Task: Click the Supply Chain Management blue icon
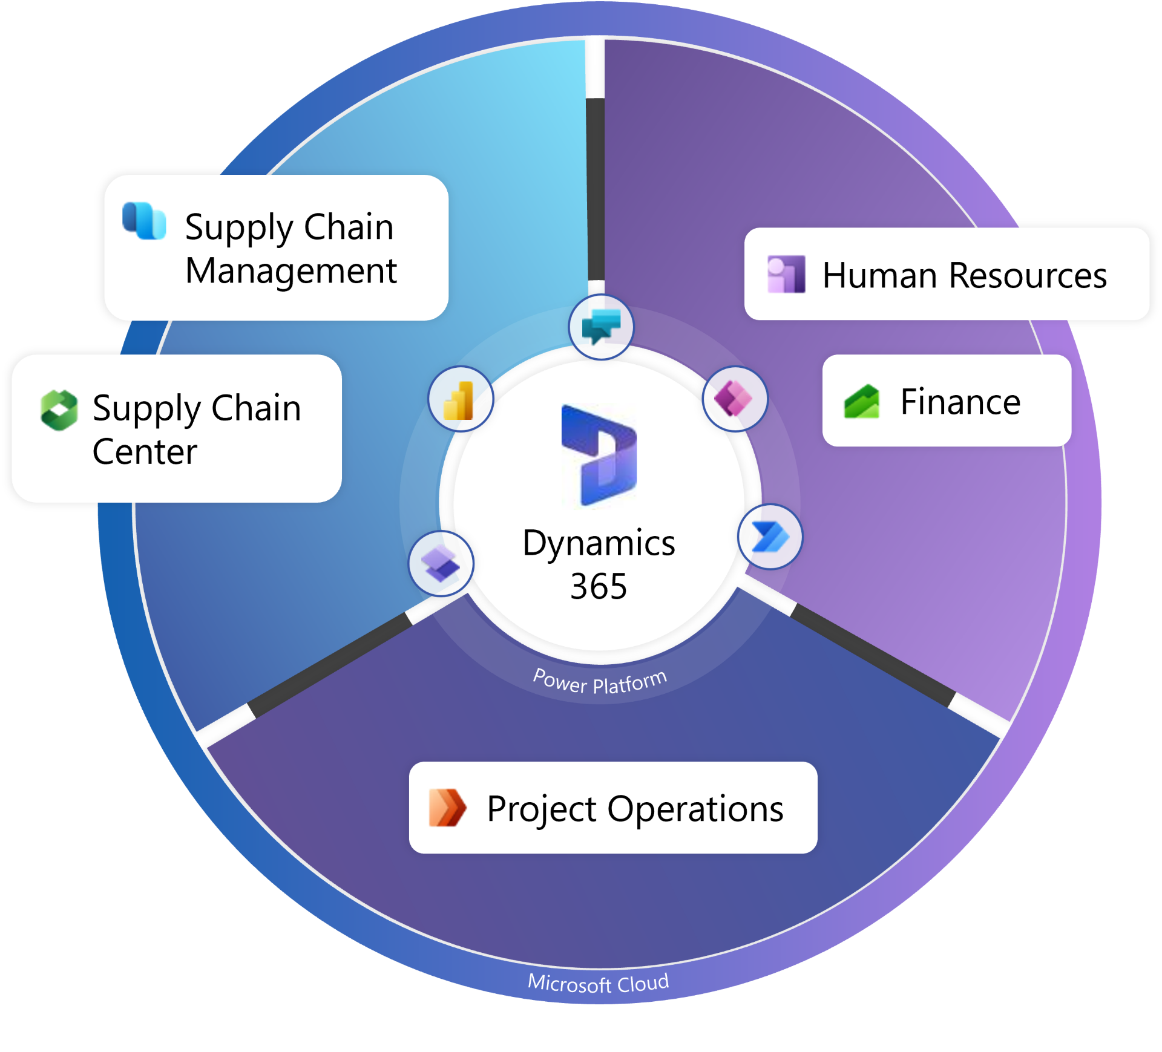[144, 221]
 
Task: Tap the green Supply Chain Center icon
[59, 410]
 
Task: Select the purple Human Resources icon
[786, 274]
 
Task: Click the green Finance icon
[861, 402]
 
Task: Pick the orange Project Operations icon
[447, 808]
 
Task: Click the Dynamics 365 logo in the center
[599, 455]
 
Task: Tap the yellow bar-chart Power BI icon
[460, 400]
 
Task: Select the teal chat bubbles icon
[601, 327]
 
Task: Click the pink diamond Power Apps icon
[734, 399]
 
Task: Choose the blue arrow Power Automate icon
[770, 537]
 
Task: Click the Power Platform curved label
[600, 682]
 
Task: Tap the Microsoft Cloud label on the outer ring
[598, 983]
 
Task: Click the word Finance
[960, 402]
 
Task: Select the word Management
[291, 270]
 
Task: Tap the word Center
[145, 452]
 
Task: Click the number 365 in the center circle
[599, 586]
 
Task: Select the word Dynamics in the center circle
[599, 543]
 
